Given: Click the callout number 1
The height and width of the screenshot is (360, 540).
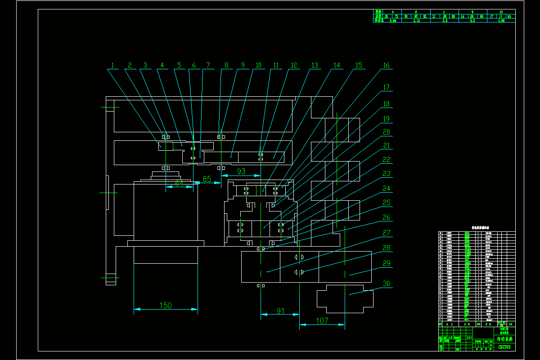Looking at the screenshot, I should coord(112,65).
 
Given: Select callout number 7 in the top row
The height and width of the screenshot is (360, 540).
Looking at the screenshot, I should coord(207,65).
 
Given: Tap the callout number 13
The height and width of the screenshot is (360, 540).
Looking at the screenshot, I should coord(315,65).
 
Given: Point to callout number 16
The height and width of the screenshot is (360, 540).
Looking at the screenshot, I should coord(386,65).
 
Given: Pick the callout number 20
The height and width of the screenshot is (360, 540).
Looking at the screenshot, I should coord(386,132).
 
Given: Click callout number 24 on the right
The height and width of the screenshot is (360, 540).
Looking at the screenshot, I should coord(386,189).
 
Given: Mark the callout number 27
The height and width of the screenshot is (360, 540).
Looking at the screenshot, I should coord(386,233).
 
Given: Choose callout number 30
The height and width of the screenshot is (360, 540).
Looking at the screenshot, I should coord(386,284).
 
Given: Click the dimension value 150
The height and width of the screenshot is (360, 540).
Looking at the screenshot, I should coord(166,306).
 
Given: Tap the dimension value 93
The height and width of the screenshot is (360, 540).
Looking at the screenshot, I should coord(241,171).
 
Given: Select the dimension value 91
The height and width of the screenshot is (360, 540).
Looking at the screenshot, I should coord(280,310).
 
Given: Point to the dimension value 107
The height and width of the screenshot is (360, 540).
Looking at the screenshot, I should coord(322,321).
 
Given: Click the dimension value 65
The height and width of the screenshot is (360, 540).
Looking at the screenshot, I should coord(207,179).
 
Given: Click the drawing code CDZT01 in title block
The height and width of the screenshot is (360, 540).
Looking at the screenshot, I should coord(504,347).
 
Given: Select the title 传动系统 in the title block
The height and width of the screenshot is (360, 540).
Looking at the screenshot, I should coord(504,339).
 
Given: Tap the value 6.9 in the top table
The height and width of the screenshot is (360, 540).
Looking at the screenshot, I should coord(445,20).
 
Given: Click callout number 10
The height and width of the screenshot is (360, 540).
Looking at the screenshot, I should coord(258,65).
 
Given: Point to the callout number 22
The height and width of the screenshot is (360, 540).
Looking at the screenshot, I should coord(386,160).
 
